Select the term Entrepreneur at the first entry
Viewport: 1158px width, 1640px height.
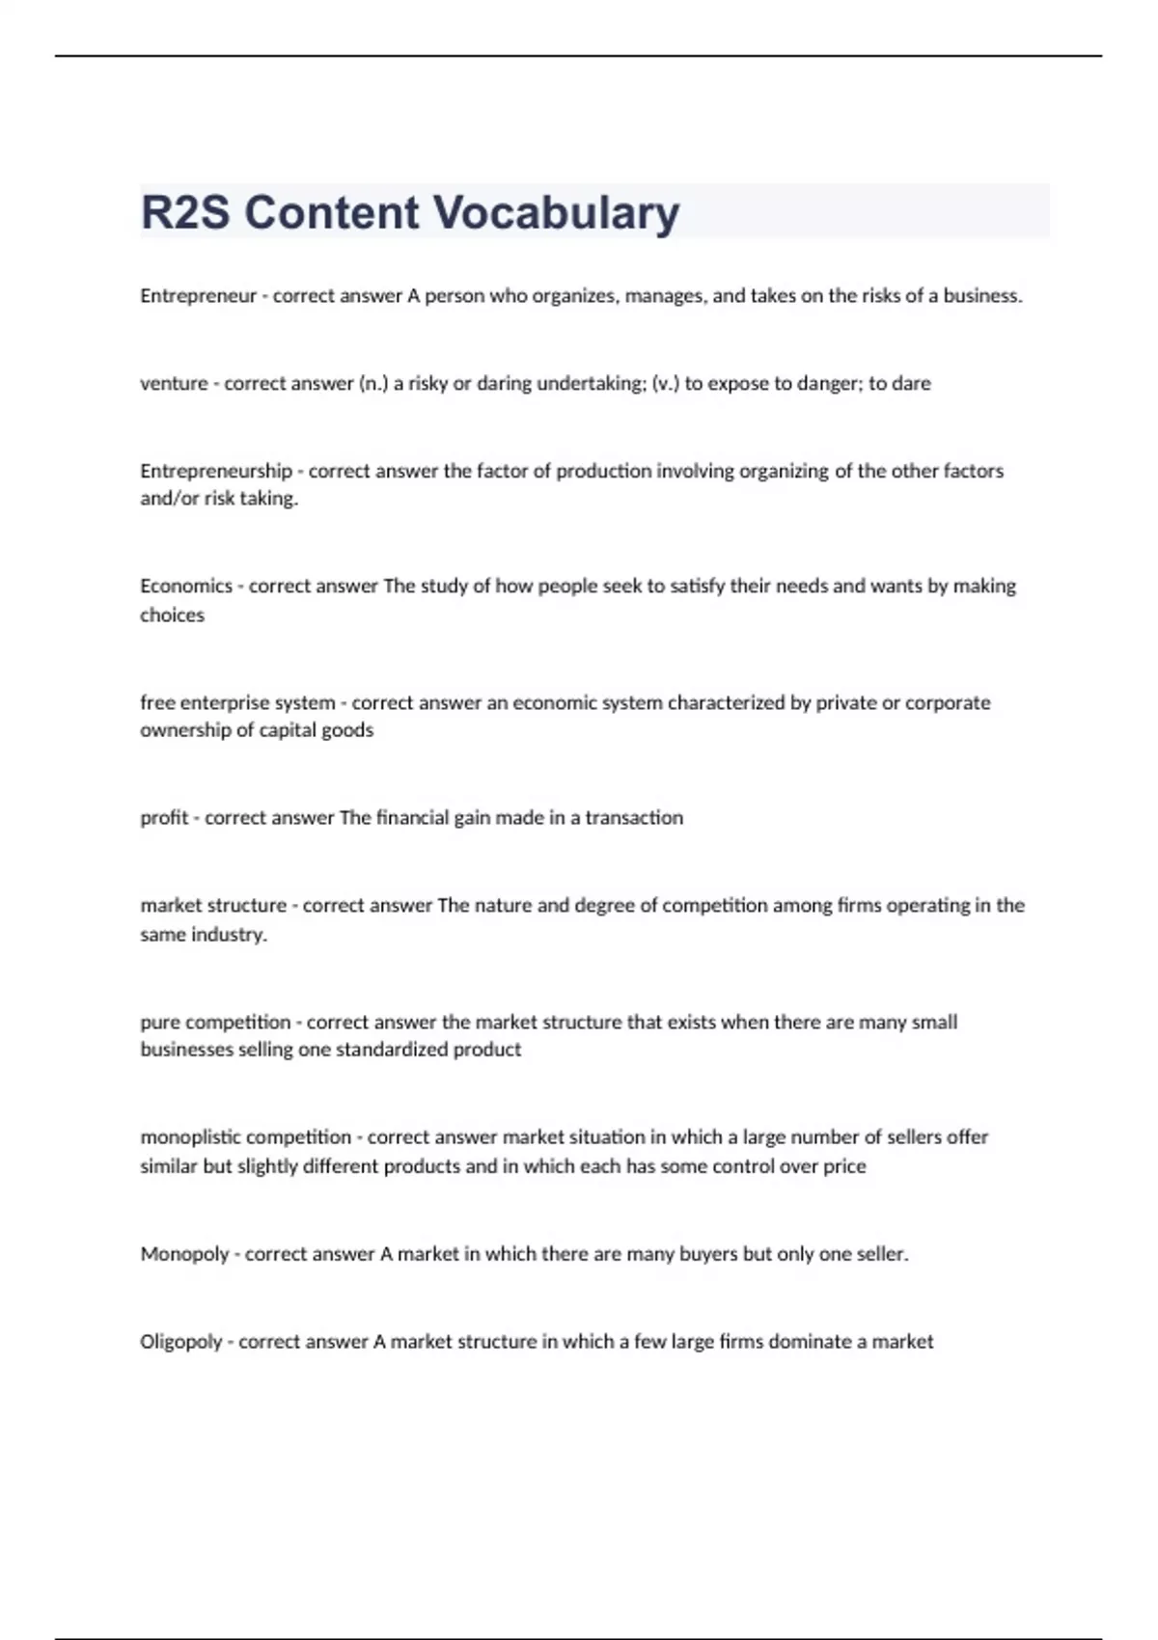pyautogui.click(x=198, y=296)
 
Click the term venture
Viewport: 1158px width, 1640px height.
pyautogui.click(x=174, y=383)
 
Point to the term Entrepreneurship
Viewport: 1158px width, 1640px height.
pyautogui.click(x=216, y=471)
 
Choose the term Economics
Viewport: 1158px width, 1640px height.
pyautogui.click(x=186, y=586)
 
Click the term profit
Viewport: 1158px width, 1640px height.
pyautogui.click(x=164, y=818)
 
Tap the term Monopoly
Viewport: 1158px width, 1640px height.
pyautogui.click(x=184, y=1254)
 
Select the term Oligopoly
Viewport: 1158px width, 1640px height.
pyautogui.click(x=181, y=1341)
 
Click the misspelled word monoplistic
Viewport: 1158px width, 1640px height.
pyautogui.click(x=197, y=1137)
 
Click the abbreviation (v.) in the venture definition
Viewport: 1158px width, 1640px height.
pyautogui.click(x=666, y=383)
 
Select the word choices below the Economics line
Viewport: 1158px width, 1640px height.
pyautogui.click(x=172, y=615)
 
